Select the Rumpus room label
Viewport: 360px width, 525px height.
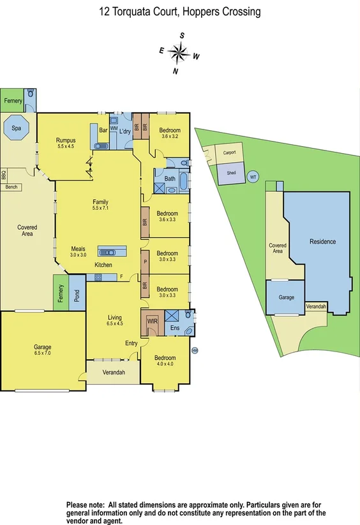point(66,140)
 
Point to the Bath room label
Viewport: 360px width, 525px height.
point(170,179)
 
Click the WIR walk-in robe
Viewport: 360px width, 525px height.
point(153,321)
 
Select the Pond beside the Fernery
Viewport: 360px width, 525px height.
point(77,294)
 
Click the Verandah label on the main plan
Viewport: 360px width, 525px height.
point(112,373)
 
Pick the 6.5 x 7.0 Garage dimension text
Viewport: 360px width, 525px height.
point(43,353)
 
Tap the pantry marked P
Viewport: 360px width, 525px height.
point(145,261)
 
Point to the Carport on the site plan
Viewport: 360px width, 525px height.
point(230,153)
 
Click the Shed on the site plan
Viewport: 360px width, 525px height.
point(230,173)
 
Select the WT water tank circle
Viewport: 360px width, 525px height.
point(253,176)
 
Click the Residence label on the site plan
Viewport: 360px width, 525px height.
point(322,242)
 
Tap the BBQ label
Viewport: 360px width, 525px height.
point(3,174)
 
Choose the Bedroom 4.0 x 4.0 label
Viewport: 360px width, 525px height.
point(164,360)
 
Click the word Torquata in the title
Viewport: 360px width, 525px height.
point(138,11)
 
